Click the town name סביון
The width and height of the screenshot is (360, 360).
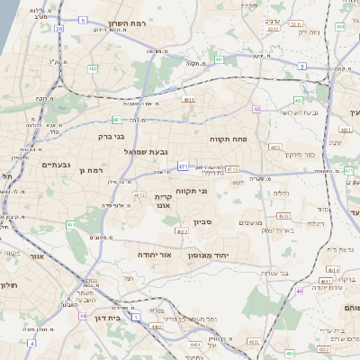(x=202, y=221)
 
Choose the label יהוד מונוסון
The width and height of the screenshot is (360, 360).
(x=209, y=256)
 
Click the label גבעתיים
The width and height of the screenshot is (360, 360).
(x=56, y=165)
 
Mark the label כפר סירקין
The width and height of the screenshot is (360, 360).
(x=300, y=155)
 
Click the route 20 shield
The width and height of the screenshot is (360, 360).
(x=59, y=29)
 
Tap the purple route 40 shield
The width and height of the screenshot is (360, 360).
(x=256, y=109)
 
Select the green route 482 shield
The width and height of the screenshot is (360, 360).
(x=94, y=68)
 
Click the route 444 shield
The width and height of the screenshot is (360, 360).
(x=341, y=27)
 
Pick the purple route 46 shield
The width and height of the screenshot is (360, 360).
(x=300, y=291)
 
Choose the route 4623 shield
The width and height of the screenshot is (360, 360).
(x=283, y=216)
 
